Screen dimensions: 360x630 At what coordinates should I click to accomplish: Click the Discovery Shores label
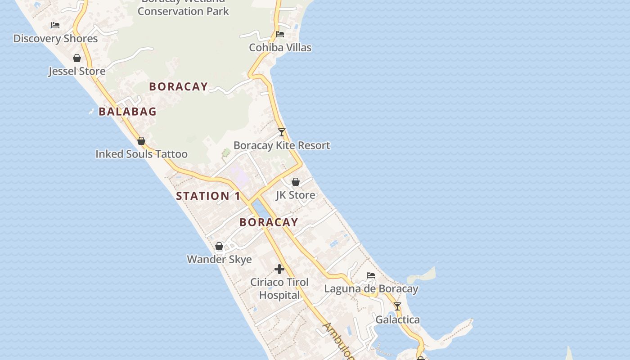pos(55,39)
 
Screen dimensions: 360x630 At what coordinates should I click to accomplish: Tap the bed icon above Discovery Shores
pos(55,25)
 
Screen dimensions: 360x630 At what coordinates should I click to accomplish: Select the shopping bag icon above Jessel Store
pos(77,58)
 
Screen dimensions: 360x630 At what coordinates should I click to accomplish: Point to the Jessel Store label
pos(77,71)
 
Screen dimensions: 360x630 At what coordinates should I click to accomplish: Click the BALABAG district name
pos(127,112)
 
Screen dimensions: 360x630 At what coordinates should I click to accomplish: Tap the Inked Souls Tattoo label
pos(141,154)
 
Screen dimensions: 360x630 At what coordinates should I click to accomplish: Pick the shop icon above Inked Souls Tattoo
pos(141,141)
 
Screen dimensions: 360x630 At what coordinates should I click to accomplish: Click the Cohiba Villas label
pos(280,47)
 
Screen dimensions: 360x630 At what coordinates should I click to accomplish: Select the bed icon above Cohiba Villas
pos(280,34)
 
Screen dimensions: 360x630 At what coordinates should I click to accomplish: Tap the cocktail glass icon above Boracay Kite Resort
pos(282,132)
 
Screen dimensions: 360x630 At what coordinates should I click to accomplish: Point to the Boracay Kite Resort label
pos(282,145)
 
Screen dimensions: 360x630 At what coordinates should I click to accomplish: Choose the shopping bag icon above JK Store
pos(296,182)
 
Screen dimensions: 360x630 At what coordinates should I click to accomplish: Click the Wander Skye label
pos(219,259)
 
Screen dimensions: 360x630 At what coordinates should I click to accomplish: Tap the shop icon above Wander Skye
pos(219,246)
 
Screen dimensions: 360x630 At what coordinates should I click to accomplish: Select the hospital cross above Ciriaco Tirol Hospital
pos(279,269)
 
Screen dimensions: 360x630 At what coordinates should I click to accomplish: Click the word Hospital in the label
pos(279,295)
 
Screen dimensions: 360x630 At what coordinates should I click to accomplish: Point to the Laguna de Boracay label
pos(371,288)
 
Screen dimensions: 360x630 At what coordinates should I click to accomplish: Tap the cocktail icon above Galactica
pos(397,306)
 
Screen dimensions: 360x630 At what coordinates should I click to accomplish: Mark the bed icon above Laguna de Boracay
pos(371,275)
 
